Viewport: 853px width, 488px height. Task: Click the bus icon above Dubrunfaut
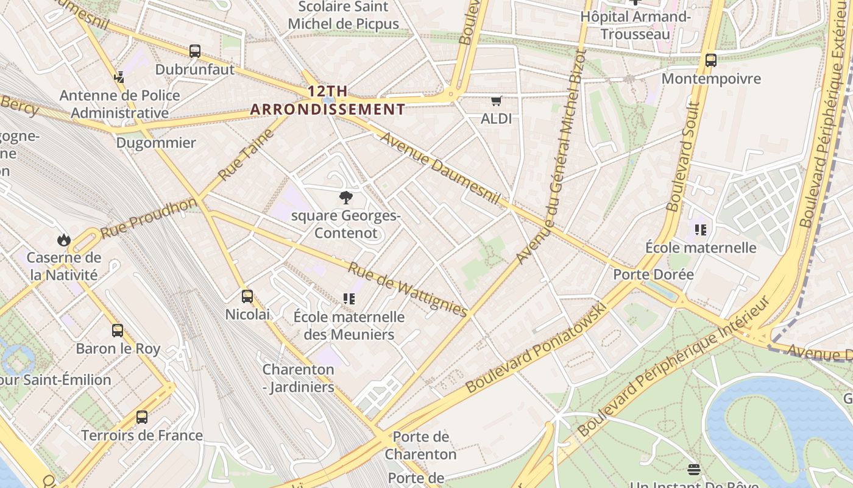pos(195,51)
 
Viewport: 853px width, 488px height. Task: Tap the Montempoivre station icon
pos(710,60)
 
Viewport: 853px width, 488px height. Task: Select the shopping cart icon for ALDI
pos(497,101)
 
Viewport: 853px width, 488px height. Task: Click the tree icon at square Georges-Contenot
pos(346,197)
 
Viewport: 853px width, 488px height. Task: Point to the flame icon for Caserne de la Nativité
pos(64,240)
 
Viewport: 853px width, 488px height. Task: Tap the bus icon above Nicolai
pos(247,296)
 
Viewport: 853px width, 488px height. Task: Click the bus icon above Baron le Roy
pos(118,331)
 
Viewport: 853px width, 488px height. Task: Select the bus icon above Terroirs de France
pos(141,417)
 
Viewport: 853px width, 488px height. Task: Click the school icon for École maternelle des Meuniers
pos(349,298)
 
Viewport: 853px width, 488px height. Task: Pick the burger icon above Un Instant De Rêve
pos(693,469)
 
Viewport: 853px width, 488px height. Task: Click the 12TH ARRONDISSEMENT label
pos(328,101)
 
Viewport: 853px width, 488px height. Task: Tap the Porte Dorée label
pos(653,274)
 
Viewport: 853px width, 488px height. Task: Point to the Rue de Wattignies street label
pos(408,289)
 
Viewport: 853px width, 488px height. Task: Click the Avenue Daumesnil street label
pos(440,168)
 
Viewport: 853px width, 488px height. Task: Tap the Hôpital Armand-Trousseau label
pos(635,25)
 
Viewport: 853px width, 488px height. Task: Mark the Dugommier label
pos(156,143)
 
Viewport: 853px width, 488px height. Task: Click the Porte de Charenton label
pos(420,445)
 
